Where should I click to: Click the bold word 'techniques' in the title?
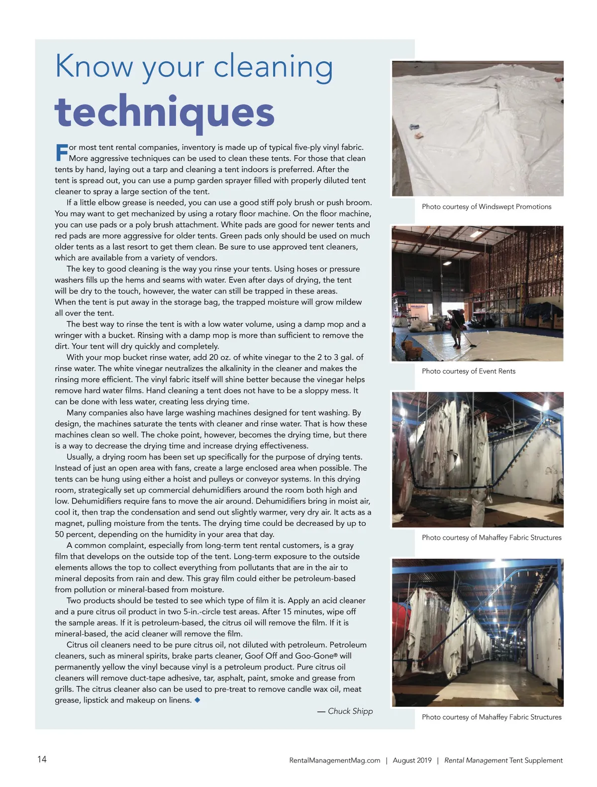pyautogui.click(x=164, y=112)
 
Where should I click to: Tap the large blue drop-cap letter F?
pyautogui.click(x=61, y=152)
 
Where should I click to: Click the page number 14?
pyautogui.click(x=42, y=759)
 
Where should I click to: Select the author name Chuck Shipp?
pyautogui.click(x=350, y=711)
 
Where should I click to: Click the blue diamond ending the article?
pyautogui.click(x=198, y=700)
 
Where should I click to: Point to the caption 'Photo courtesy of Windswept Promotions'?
pyautogui.click(x=486, y=206)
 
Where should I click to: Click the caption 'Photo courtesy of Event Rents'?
pyautogui.click(x=468, y=371)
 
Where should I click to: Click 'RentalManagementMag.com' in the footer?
pyautogui.click(x=334, y=760)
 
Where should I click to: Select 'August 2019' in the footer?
pyautogui.click(x=412, y=760)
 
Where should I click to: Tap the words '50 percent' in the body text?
pyautogui.click(x=74, y=534)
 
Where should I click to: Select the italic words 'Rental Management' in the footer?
pyautogui.click(x=476, y=760)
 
